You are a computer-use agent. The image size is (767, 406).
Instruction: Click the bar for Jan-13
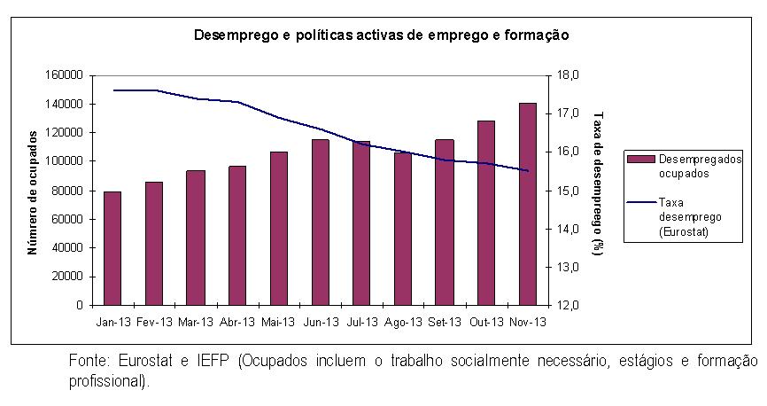[112, 248]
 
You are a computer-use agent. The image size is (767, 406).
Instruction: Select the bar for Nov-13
[528, 204]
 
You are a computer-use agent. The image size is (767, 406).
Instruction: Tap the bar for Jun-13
[320, 222]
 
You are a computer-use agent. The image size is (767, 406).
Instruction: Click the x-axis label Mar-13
[196, 322]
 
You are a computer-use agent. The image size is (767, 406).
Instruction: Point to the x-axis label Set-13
[445, 322]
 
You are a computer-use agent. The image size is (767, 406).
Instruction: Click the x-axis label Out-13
[486, 322]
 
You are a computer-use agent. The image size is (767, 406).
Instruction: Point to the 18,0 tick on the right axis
[566, 75]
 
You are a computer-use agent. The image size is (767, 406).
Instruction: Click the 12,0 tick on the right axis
[566, 305]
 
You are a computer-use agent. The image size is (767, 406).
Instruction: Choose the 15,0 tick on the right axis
[566, 191]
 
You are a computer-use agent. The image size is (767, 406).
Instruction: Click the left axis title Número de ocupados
[33, 191]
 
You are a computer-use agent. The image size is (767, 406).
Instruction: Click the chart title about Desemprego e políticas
[382, 36]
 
